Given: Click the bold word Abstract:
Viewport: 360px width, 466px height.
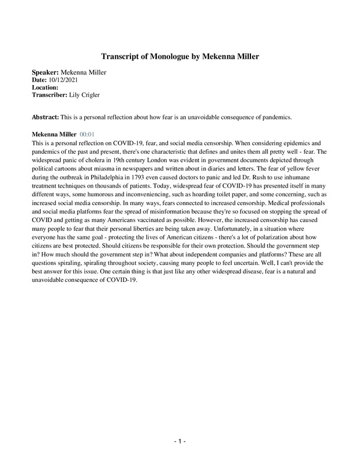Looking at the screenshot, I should click(46, 116).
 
